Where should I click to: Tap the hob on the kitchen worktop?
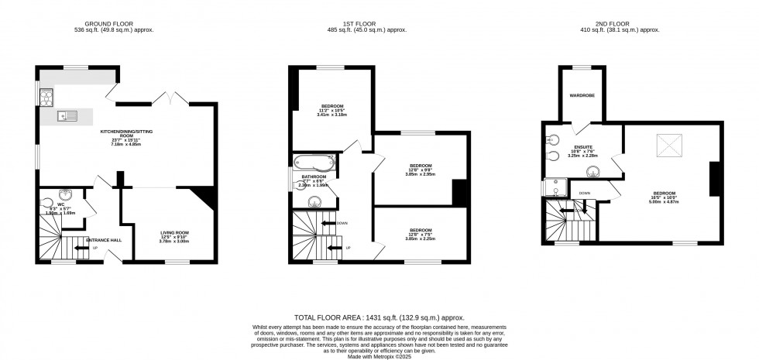pyautogui.click(x=45, y=97)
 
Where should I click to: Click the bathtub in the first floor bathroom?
pyautogui.click(x=314, y=163)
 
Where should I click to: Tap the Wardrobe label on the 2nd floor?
pyautogui.click(x=582, y=97)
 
